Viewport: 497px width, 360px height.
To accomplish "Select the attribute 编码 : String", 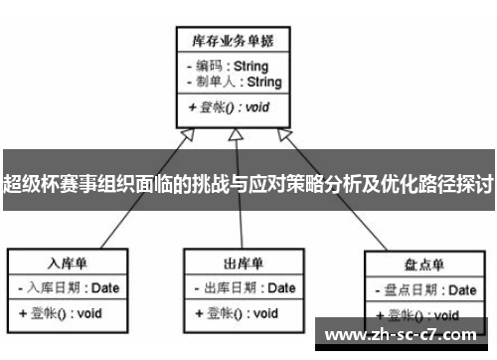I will point(232,67).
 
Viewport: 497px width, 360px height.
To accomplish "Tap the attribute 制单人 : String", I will point(232,82).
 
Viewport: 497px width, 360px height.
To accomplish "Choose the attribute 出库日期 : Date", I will point(242,288).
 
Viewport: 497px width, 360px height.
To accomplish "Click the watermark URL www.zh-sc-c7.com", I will point(401,334).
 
